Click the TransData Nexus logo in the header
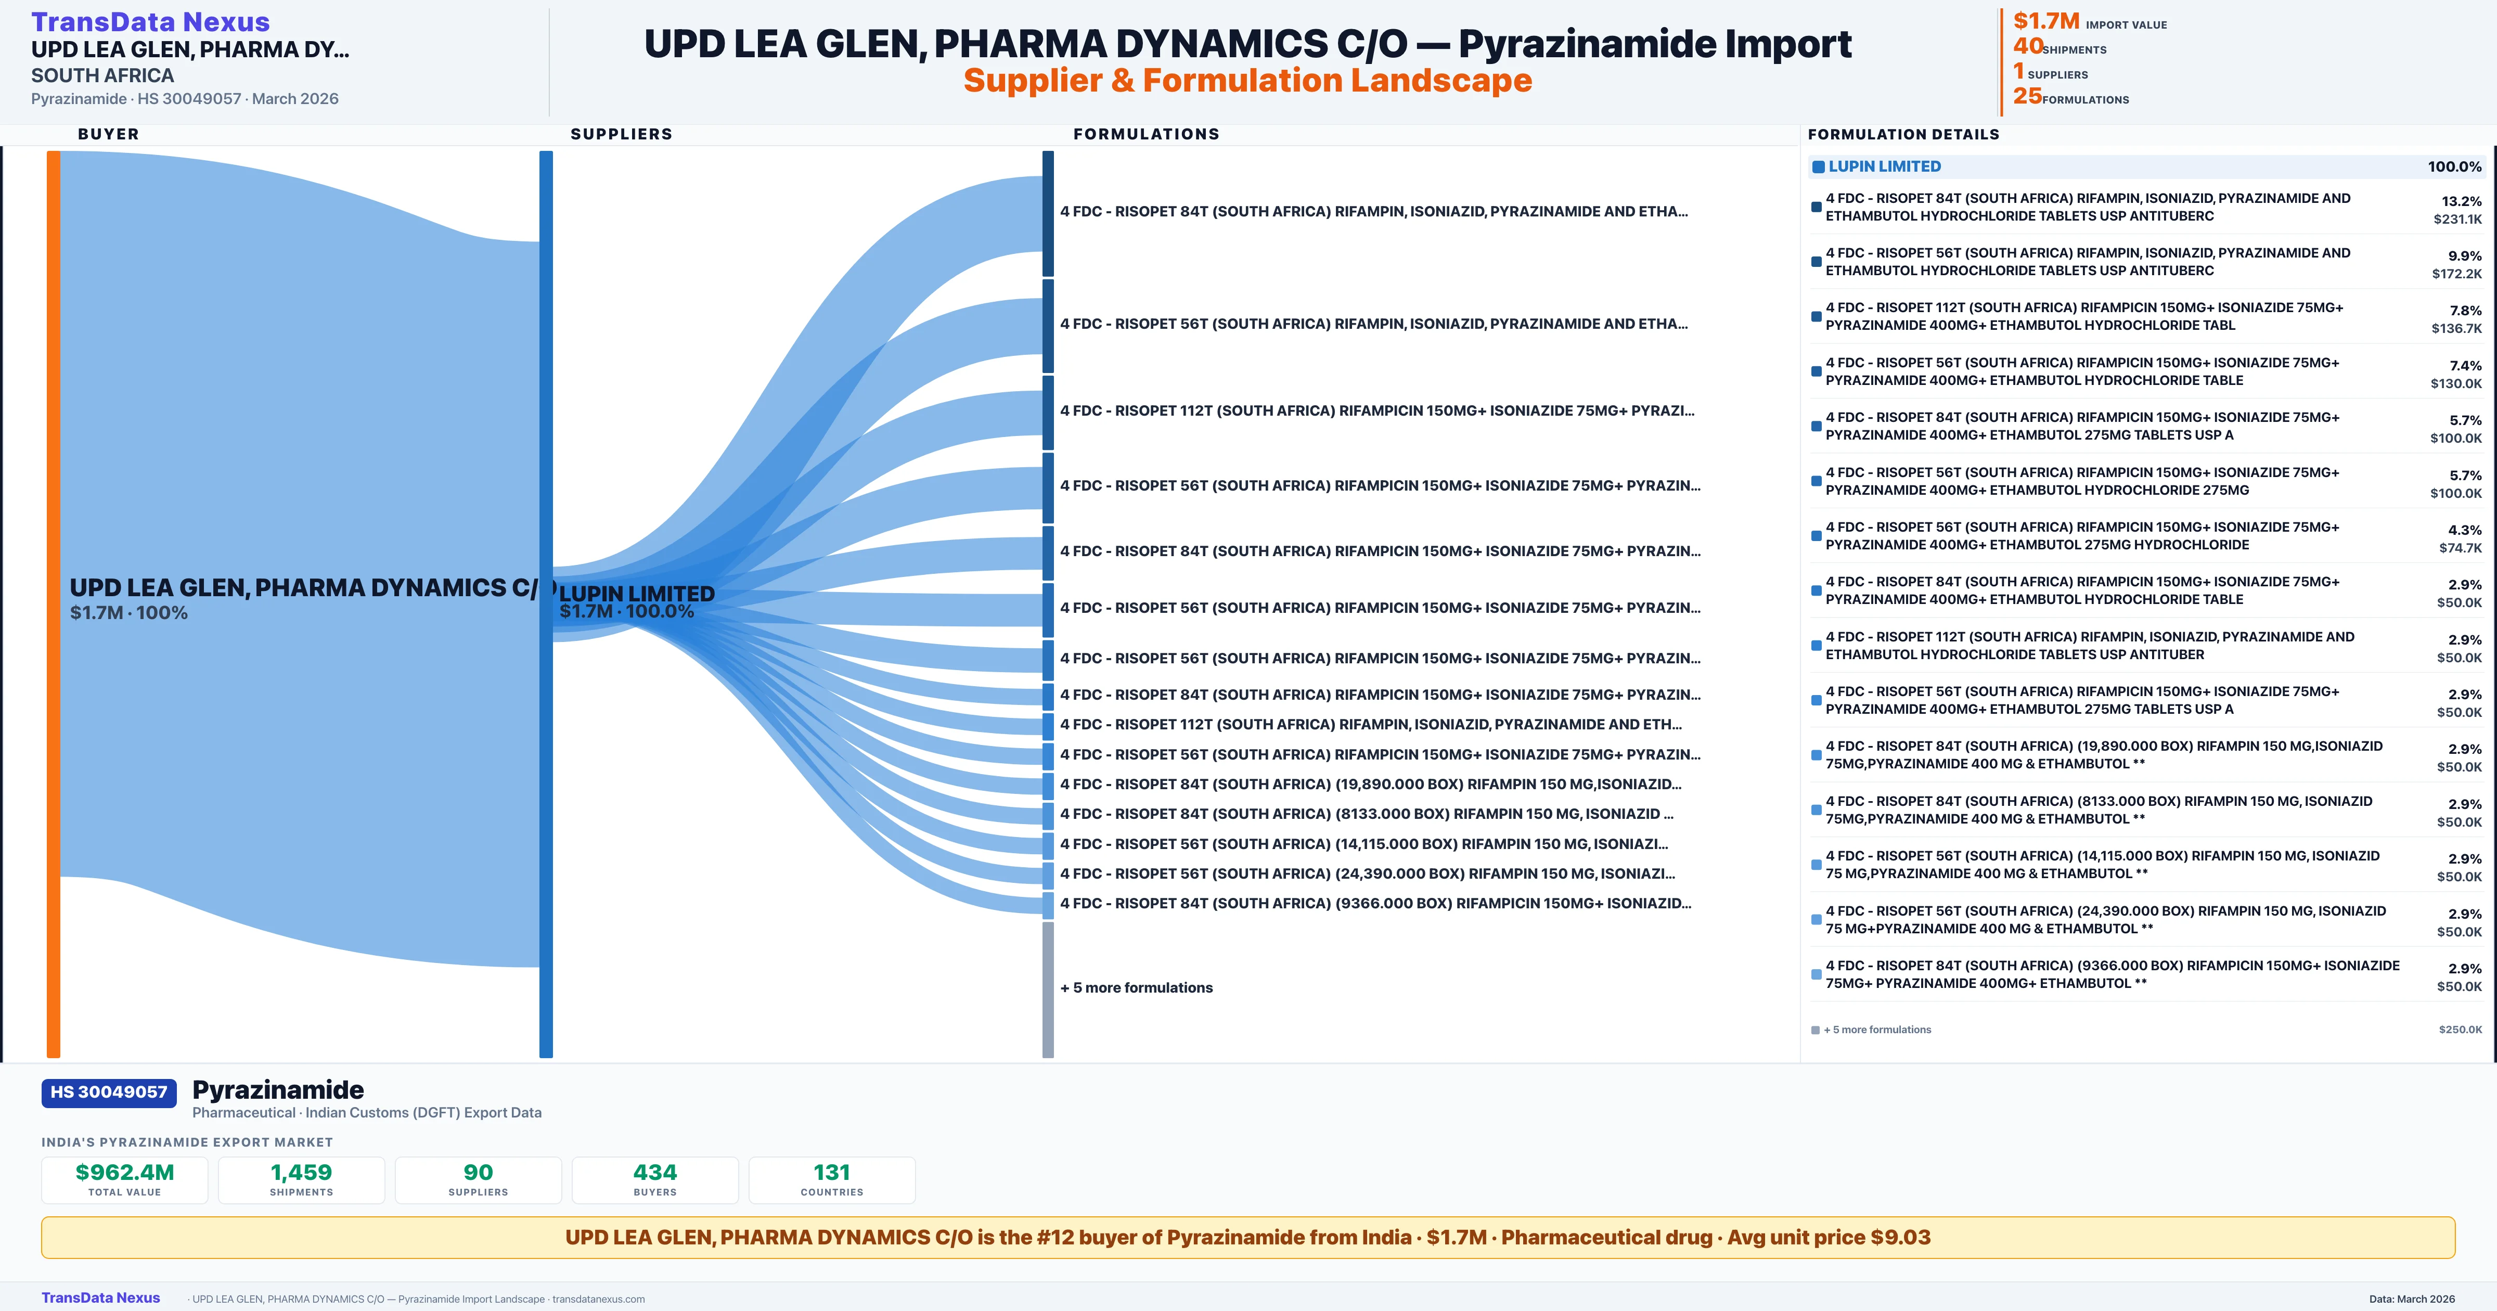[150, 21]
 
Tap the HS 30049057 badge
[109, 1093]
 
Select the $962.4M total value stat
[125, 1173]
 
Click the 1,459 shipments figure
[302, 1173]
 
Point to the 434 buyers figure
[655, 1173]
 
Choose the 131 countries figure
[832, 1173]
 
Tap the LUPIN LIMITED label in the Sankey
[637, 594]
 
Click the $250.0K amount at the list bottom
[2460, 1030]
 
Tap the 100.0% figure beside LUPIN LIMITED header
[2454, 167]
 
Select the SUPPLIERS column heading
[621, 134]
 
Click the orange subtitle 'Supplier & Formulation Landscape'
[1247, 81]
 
